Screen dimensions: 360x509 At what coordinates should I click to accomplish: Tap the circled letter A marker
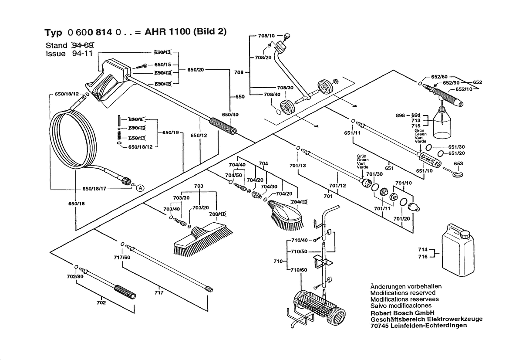click(x=140, y=188)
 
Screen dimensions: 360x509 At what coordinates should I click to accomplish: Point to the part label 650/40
click(x=230, y=115)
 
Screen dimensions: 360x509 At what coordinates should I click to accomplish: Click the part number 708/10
click(x=266, y=35)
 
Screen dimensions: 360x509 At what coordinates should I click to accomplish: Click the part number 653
click(x=458, y=163)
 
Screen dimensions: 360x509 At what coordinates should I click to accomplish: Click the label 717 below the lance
click(x=159, y=292)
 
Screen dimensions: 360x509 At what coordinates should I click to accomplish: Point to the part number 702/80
click(x=74, y=276)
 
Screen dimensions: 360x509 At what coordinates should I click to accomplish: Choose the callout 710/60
click(x=299, y=270)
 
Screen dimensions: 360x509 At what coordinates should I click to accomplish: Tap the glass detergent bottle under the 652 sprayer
click(x=443, y=124)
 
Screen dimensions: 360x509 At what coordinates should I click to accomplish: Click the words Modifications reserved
click(x=403, y=293)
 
